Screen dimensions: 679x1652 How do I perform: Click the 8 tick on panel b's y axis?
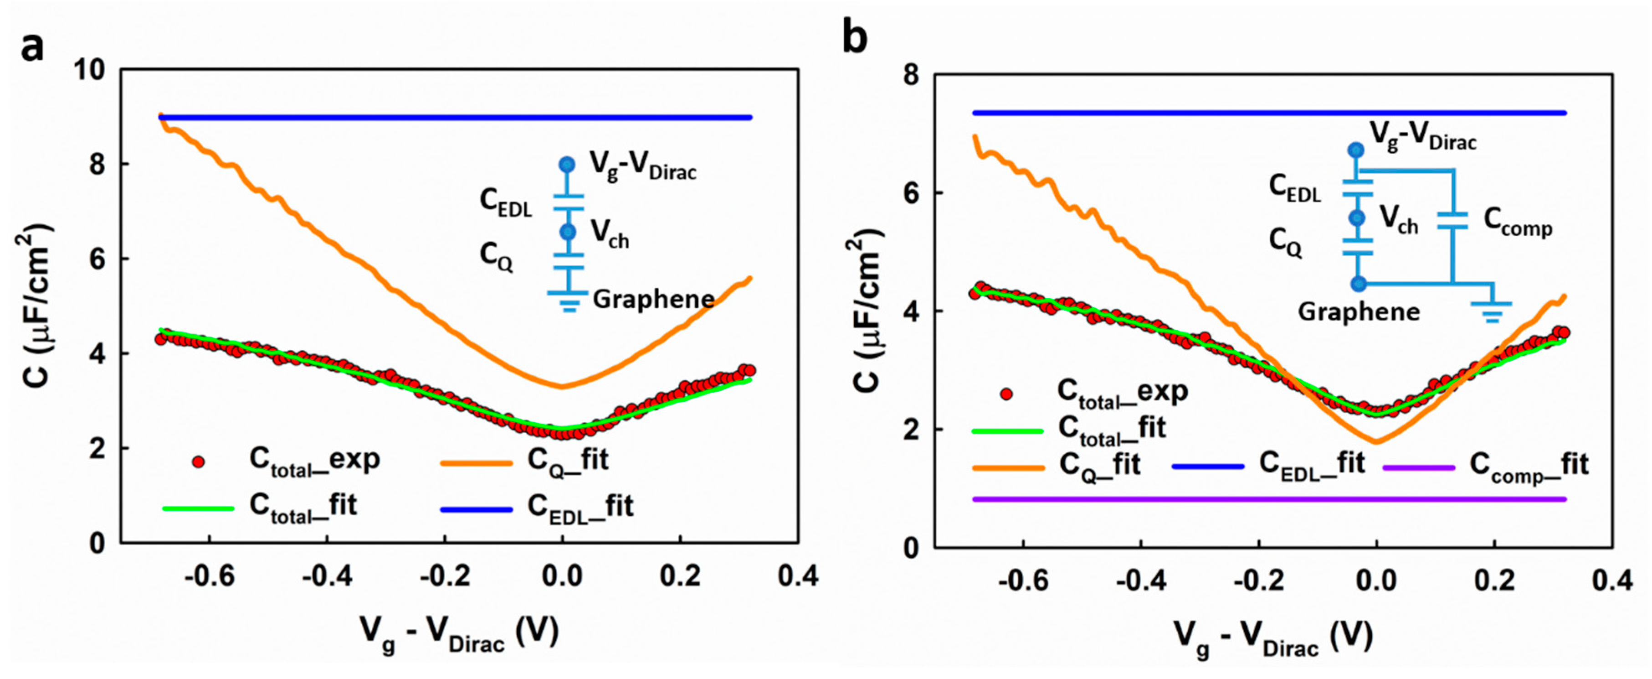(911, 75)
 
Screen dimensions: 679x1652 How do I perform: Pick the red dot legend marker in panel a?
(199, 461)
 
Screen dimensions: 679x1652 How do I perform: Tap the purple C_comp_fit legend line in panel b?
(1418, 467)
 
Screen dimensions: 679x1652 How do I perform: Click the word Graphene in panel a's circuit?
(653, 299)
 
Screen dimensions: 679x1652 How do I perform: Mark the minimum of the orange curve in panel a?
(562, 386)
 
